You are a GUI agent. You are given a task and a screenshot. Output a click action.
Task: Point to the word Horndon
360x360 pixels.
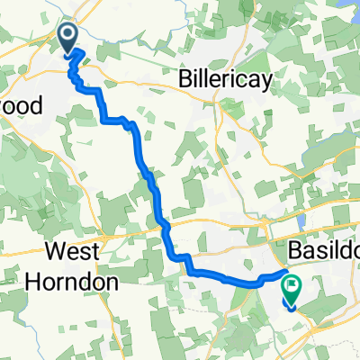82,280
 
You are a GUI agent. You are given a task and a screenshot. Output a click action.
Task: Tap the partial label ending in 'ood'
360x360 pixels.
20,105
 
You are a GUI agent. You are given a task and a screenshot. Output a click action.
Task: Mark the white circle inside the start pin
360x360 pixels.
69,34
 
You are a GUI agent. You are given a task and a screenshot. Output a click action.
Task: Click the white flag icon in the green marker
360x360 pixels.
292,284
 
